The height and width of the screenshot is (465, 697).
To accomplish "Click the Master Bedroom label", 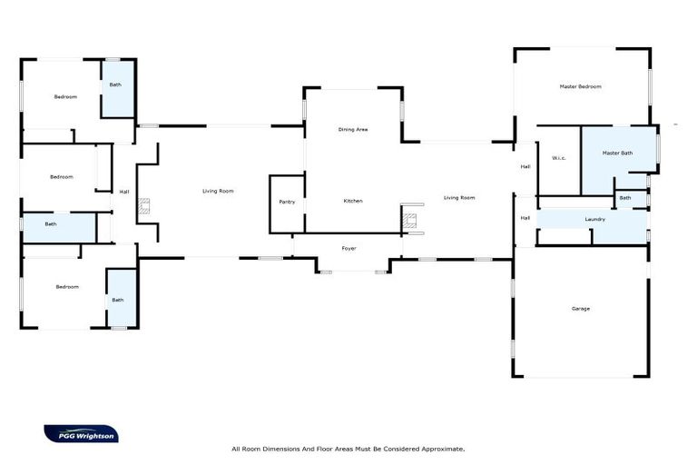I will click(580, 86).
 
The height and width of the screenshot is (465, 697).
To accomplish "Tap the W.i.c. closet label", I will click(558, 158).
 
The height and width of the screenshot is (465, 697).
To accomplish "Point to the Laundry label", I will click(594, 219).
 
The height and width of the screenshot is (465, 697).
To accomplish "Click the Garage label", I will click(580, 309).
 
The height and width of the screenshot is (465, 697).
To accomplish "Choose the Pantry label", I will click(287, 202).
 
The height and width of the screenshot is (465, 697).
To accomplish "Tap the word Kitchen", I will click(353, 200).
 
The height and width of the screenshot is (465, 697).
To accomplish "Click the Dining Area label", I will click(352, 130).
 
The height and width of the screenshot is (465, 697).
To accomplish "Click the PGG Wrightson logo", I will click(81, 434).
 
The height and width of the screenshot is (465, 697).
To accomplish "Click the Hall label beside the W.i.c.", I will click(525, 166).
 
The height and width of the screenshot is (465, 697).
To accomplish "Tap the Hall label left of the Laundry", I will click(525, 217).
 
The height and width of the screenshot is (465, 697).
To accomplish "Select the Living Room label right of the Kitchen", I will click(458, 197).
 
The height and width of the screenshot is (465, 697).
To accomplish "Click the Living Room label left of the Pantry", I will click(218, 191).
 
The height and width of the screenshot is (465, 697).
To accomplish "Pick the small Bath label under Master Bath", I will click(624, 197).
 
